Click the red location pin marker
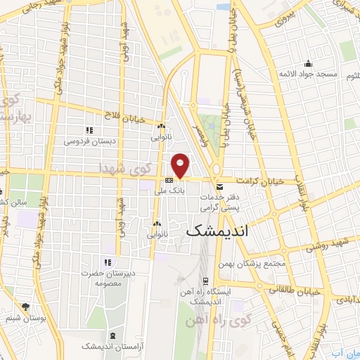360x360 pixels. tap(181, 165)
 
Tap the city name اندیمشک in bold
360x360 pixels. tap(217, 231)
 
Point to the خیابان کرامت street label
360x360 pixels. tap(260, 181)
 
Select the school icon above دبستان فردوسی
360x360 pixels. tap(89, 130)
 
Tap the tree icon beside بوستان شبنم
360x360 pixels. tap(26, 307)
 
